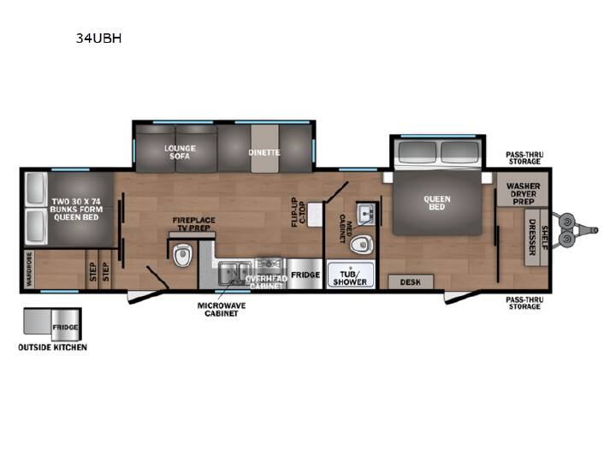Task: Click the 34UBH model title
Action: [98, 38]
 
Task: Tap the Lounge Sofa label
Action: [180, 152]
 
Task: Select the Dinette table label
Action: [264, 152]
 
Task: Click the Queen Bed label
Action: [437, 203]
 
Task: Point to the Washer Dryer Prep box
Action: [523, 189]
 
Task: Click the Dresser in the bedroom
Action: [532, 237]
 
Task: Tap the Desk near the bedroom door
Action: [411, 281]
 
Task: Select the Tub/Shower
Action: [350, 275]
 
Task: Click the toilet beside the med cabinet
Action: [361, 245]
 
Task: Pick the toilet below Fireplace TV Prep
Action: [183, 255]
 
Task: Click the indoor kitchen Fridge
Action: [305, 274]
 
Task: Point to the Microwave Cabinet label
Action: [222, 310]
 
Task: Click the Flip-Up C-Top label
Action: [298, 212]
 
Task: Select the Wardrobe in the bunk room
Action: [29, 269]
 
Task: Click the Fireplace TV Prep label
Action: [193, 224]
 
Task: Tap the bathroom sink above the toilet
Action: [366, 214]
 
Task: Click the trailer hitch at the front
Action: [575, 230]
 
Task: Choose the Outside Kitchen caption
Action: [53, 347]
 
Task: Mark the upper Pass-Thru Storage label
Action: [524, 158]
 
